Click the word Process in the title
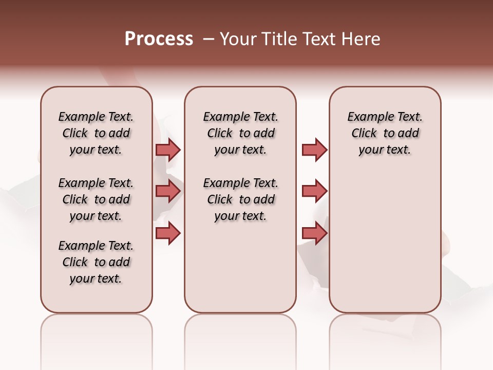[159, 39]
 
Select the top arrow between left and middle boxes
[167, 150]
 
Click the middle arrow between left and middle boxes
[167, 192]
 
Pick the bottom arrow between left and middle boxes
[167, 233]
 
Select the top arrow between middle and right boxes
[314, 150]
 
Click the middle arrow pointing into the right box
[314, 192]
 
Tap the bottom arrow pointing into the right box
[314, 233]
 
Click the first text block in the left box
[96, 133]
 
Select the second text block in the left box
[96, 199]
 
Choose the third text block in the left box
[96, 262]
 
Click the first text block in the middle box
[240, 133]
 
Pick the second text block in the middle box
[240, 199]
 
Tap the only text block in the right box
[385, 133]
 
